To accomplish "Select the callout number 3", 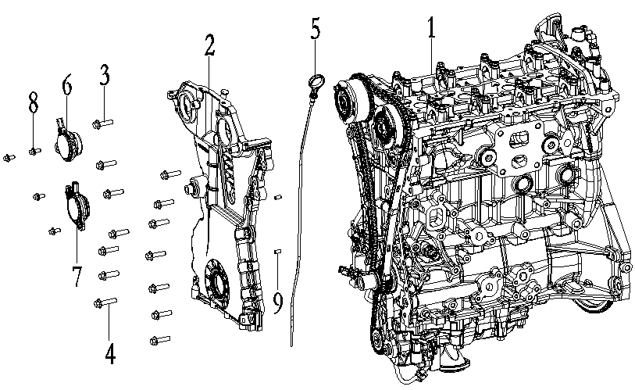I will [x=104, y=76].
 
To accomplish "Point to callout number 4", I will [x=109, y=353].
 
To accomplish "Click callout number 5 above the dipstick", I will [x=315, y=30].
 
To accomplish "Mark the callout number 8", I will [x=33, y=102].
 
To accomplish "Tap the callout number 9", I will [x=277, y=302].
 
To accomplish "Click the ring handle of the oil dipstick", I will [x=316, y=81].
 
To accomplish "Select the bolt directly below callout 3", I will [x=103, y=123].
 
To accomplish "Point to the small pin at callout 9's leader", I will [x=277, y=251].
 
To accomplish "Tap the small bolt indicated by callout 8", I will [x=34, y=151].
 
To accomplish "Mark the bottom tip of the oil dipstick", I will [x=290, y=344].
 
